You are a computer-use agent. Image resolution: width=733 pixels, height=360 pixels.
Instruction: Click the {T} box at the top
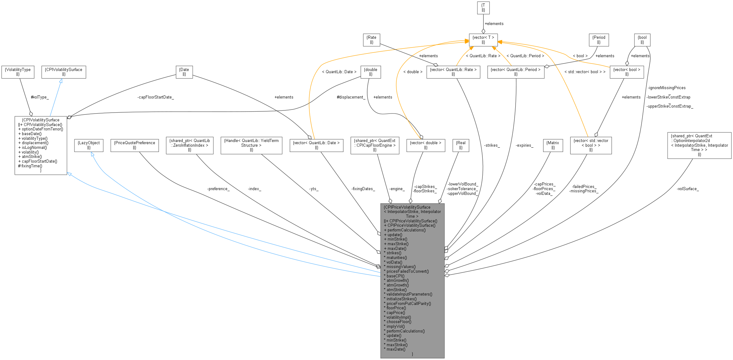tap(483, 8)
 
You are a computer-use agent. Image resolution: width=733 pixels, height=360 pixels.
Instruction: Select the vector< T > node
tap(483, 40)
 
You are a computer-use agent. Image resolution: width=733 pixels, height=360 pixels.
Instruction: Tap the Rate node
tap(371, 40)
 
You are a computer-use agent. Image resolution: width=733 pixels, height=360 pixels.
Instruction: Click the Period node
tap(598, 40)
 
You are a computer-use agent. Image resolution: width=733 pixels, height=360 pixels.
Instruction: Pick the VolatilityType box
tap(18, 72)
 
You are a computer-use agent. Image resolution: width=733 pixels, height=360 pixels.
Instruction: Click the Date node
tap(184, 72)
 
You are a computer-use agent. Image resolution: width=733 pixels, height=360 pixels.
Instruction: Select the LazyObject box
tap(89, 145)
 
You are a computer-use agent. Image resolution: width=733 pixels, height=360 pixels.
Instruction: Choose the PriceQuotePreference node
tap(134, 145)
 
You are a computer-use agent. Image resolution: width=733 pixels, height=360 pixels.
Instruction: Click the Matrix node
tap(552, 145)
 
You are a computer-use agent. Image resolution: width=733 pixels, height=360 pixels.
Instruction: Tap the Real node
tap(461, 145)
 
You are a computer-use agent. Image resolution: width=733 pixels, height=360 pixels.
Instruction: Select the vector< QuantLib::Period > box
tap(516, 72)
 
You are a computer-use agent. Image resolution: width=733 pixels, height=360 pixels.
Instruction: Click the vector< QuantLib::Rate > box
tap(453, 72)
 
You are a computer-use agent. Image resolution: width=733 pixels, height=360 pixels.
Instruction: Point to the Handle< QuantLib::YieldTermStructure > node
tap(251, 145)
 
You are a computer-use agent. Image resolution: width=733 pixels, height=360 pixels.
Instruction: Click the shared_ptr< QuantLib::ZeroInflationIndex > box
tap(189, 145)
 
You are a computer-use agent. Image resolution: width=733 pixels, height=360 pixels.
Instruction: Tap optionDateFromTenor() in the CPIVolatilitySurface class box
tap(42, 129)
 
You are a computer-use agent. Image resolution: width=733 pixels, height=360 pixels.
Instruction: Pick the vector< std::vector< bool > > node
tap(590, 145)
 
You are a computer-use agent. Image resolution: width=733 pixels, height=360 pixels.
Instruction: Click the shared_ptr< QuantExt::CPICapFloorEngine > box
tap(374, 145)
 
